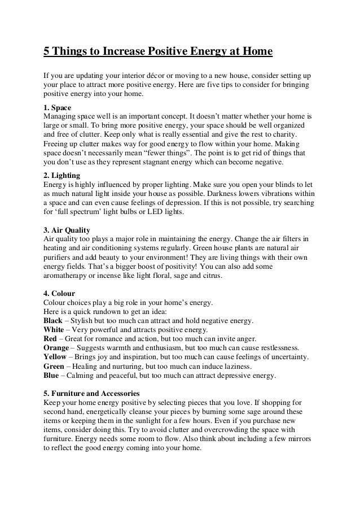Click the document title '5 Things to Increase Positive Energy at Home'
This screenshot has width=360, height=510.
[x=158, y=53]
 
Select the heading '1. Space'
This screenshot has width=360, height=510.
[x=59, y=107]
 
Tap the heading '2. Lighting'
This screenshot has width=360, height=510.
[x=62, y=175]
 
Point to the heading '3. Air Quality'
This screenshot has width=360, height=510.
[x=68, y=230]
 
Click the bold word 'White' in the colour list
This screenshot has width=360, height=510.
[x=54, y=329]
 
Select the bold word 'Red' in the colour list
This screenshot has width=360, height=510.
[x=51, y=339]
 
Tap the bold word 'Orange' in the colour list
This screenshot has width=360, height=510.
[x=57, y=348]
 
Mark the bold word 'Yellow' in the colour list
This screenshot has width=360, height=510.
[x=56, y=357]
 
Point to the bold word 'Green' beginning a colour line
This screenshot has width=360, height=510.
[x=55, y=366]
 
